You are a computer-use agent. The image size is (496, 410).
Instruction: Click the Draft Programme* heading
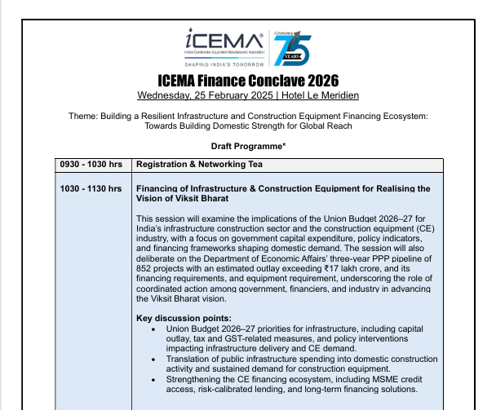246,145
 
